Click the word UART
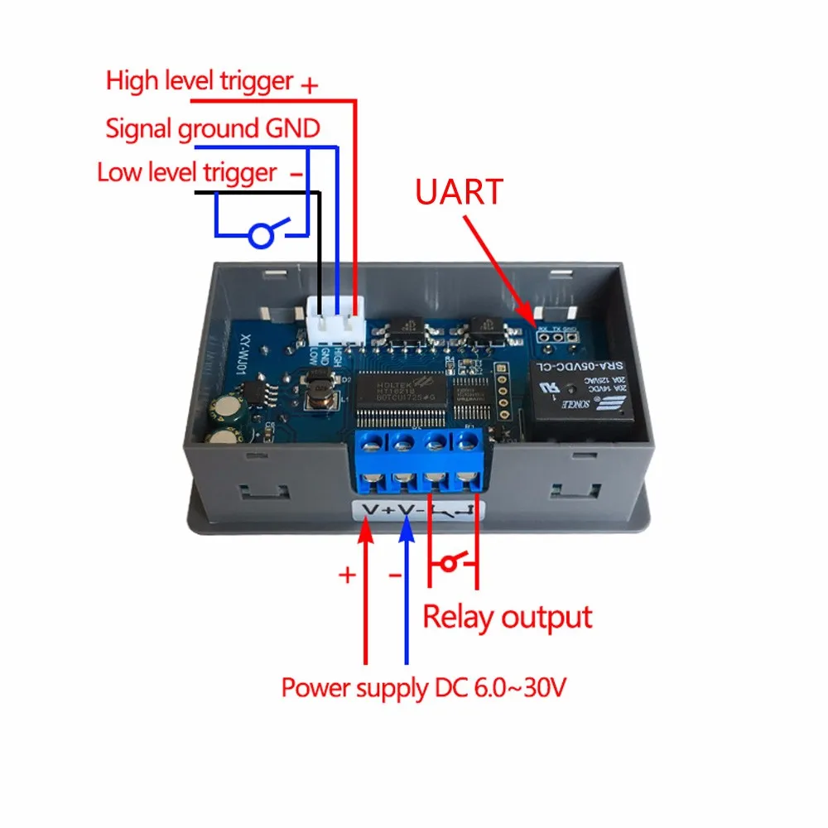pos(460,191)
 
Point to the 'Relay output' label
pos(508,617)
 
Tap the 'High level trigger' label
pos(200,81)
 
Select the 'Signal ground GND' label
pos(212,128)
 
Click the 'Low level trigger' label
pos(186,173)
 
